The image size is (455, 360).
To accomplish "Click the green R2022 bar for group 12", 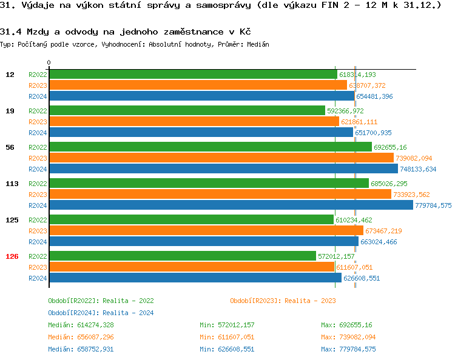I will click(x=193, y=75).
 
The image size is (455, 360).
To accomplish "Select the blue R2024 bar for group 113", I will click(x=231, y=205).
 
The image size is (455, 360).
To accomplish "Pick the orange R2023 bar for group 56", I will click(x=221, y=158).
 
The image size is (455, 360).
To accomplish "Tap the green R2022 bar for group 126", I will click(x=182, y=256).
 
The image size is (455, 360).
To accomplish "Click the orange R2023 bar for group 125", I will click(x=206, y=231).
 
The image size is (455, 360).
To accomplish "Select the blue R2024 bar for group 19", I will click(x=201, y=133).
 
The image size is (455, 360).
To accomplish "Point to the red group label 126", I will click(x=12, y=256).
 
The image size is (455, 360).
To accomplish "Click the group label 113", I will click(x=12, y=184).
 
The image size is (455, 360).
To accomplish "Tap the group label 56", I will click(x=10, y=147).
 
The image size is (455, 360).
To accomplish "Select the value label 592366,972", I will click(x=345, y=111).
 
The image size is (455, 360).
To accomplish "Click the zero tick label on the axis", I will click(x=49, y=62).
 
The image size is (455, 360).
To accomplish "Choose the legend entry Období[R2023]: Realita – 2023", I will click(x=283, y=301).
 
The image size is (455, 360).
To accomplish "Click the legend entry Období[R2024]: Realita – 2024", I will click(x=101, y=313).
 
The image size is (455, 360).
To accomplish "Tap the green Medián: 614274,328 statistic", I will click(x=81, y=325).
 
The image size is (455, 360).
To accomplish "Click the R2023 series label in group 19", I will click(x=38, y=122).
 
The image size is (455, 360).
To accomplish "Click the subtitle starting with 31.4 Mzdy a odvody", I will click(x=126, y=32).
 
